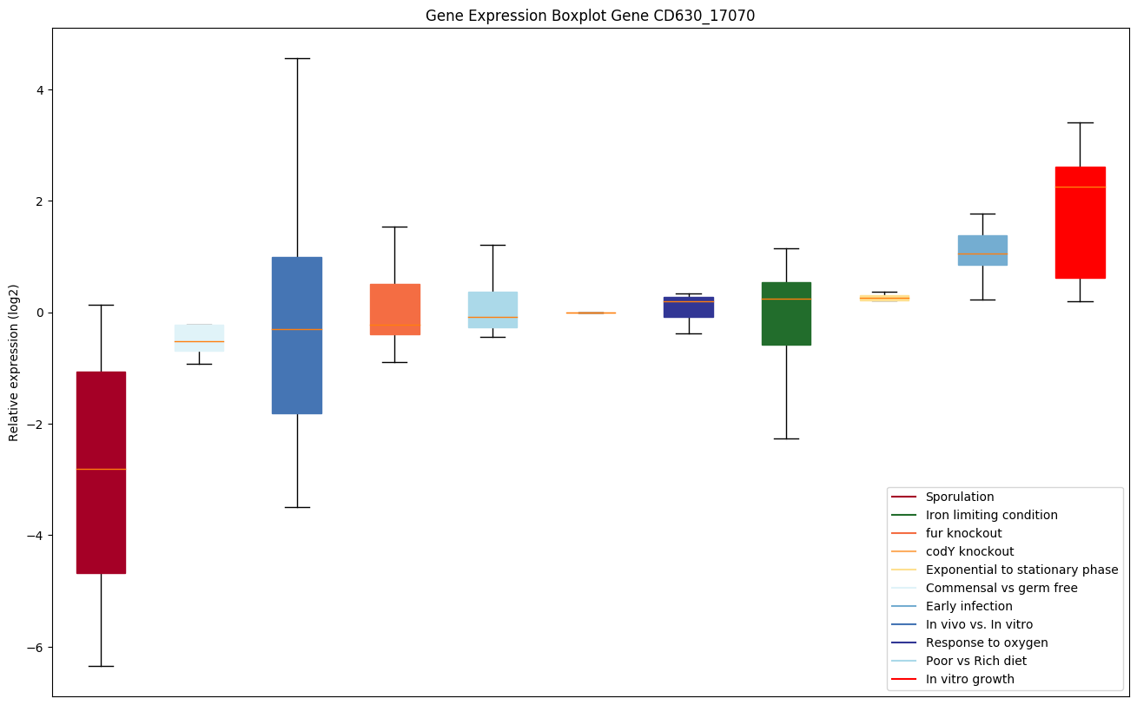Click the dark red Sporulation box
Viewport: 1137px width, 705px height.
101,472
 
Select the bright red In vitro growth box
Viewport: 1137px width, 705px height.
1080,222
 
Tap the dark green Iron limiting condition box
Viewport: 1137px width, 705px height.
786,313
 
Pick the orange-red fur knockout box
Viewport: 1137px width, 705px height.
394,309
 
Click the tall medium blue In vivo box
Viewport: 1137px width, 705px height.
296,335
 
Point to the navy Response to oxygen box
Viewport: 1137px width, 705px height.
688,307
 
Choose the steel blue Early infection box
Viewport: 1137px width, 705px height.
982,250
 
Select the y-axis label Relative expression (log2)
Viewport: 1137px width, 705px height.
14,362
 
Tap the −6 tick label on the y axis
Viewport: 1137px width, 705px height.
36,648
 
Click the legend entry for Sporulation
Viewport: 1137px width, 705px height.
959,497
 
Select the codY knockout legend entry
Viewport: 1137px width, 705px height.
969,551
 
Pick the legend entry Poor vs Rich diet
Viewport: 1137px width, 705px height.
975,661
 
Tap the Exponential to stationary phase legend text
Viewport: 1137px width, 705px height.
1021,570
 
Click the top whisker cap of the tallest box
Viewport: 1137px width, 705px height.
296,58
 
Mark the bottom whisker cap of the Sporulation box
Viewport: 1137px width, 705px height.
101,666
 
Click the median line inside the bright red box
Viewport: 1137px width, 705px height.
1080,187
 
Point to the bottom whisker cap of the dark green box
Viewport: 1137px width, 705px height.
786,438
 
